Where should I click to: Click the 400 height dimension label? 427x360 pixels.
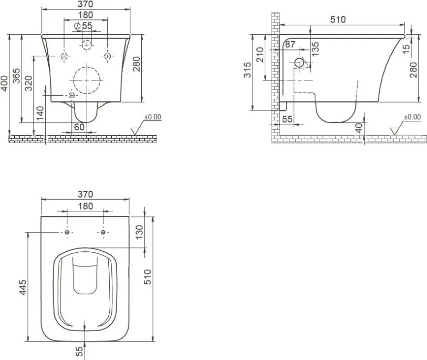pos(4,84)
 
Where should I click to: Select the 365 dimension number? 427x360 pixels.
pos(16,76)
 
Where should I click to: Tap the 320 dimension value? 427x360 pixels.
pos(28,83)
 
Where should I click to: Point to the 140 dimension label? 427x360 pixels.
pos(40,113)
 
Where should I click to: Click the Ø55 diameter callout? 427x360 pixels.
pos(84,26)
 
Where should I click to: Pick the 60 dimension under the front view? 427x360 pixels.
pos(79,127)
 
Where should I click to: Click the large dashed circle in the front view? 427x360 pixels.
pos(87,80)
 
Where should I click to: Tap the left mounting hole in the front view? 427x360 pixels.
pos(64,56)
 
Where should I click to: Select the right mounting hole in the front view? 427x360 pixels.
pos(108,56)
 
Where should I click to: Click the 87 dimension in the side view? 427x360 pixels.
pos(290,44)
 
